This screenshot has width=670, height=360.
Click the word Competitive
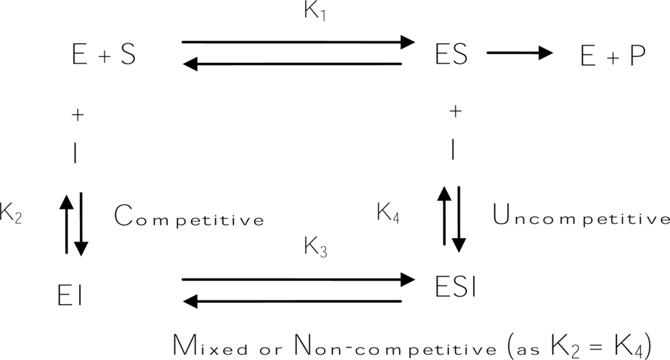(188, 217)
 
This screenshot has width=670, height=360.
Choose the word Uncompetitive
(580, 217)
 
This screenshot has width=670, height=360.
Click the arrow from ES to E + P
(520, 54)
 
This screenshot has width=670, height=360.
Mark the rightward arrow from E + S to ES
(298, 43)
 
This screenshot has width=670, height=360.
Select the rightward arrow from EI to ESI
(298, 279)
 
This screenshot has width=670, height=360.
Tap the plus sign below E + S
(77, 116)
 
